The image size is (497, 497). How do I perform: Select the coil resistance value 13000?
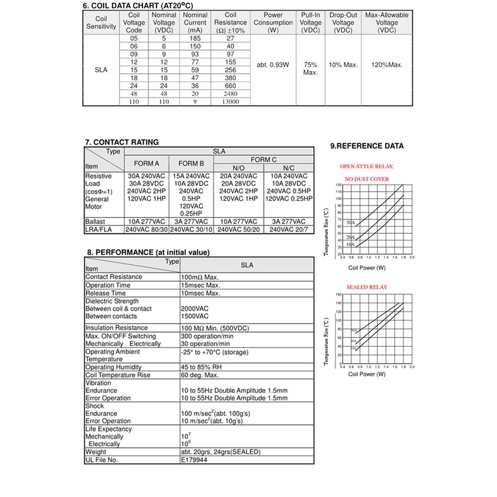click(x=230, y=102)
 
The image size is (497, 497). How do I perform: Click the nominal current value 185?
click(x=194, y=39)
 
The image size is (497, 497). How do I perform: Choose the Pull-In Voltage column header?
click(x=310, y=23)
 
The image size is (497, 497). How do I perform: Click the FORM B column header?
click(x=192, y=163)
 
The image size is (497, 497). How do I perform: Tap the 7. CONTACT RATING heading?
click(x=122, y=142)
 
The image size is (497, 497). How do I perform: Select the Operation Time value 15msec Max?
click(x=200, y=285)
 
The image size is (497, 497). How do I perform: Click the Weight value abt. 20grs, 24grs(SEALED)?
click(x=221, y=452)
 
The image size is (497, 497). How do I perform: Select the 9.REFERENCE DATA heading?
click(x=366, y=146)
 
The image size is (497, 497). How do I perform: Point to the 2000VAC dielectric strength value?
click(x=195, y=309)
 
